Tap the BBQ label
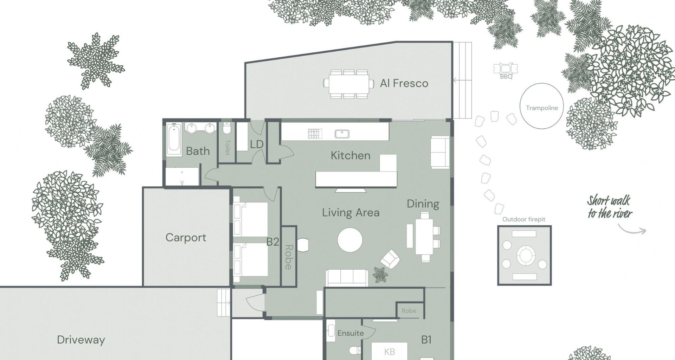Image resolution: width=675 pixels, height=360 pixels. (x=506, y=76)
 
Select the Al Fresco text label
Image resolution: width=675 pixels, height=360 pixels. (x=404, y=83)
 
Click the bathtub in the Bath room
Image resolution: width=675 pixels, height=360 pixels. (x=174, y=139)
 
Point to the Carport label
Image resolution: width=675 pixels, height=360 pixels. (x=186, y=237)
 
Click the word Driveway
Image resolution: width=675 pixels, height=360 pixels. (x=81, y=340)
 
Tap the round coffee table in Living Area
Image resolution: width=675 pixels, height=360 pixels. (x=350, y=240)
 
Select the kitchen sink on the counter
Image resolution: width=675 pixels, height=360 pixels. (x=341, y=134)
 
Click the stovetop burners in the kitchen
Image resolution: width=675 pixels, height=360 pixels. (x=315, y=134)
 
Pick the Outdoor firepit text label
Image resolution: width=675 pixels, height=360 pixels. (x=523, y=219)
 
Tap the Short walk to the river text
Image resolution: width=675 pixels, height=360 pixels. (x=610, y=207)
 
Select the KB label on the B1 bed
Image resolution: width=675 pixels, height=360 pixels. (x=389, y=352)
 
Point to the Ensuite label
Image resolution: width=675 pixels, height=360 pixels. (x=350, y=333)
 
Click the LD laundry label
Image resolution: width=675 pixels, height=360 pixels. (x=257, y=144)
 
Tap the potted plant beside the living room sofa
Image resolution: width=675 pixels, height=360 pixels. (x=380, y=275)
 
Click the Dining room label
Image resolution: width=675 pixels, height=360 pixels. (x=423, y=204)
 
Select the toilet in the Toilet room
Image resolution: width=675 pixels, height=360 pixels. (x=227, y=129)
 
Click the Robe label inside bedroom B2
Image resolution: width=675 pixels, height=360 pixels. (x=289, y=257)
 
